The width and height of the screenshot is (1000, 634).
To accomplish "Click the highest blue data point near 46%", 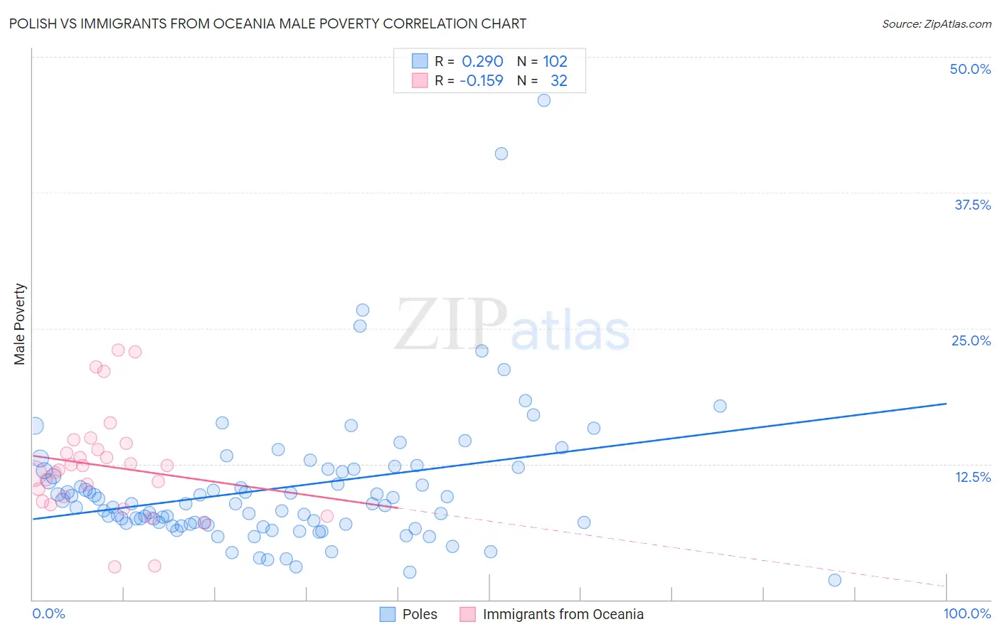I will (x=544, y=100).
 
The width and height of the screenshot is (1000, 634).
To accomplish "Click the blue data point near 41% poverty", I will (x=501, y=154).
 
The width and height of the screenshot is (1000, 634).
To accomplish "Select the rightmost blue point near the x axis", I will (x=835, y=580).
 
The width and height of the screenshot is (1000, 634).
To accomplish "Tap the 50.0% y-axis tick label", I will (x=970, y=69).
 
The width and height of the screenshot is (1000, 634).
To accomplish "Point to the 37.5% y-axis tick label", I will (x=972, y=205).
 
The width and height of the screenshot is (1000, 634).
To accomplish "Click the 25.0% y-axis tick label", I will (x=971, y=340).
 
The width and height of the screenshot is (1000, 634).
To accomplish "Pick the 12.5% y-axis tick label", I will (x=972, y=477).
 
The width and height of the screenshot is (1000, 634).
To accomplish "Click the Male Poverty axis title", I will (x=20, y=324).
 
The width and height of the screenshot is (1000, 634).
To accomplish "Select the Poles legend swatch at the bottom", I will (x=388, y=614).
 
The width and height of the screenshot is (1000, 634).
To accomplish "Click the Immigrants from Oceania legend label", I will (x=563, y=614).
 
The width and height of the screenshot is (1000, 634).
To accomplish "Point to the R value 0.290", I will (x=482, y=62).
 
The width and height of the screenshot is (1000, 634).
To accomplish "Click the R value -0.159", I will (x=482, y=81).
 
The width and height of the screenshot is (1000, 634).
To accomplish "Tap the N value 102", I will (x=555, y=62).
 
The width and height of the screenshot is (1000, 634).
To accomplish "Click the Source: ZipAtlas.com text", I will (x=936, y=24).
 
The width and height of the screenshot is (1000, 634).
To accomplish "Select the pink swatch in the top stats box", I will (x=420, y=81).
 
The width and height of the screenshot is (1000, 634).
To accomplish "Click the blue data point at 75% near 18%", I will (x=720, y=406).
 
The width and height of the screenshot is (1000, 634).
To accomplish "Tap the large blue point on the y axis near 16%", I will (x=33, y=426).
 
